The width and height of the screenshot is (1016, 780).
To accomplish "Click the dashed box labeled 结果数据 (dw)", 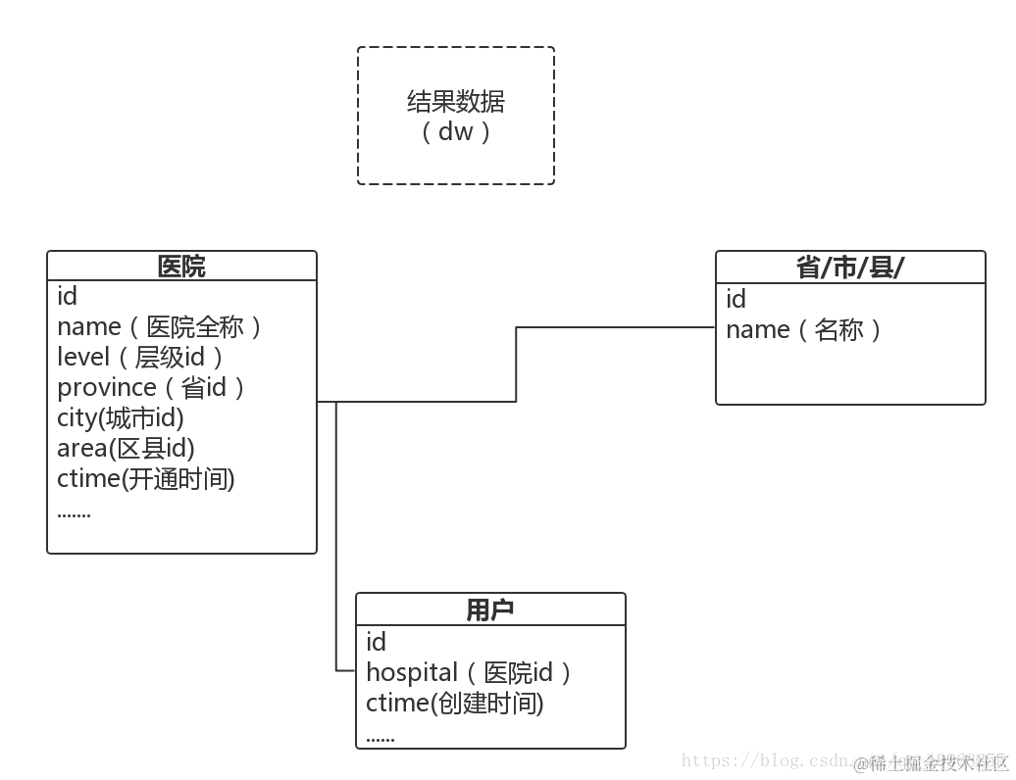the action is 456,116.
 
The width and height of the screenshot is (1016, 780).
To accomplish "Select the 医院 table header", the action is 181,267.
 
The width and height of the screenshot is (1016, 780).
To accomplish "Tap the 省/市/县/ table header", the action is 849,268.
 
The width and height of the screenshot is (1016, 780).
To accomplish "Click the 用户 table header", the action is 489,610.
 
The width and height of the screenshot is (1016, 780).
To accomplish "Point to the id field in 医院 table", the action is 68,296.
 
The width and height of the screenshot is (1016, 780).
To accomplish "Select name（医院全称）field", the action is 160,326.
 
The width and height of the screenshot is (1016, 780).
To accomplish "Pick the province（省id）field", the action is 151,387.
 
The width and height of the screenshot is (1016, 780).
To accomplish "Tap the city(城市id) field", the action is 121,417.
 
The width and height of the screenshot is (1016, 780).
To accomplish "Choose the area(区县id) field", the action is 126,448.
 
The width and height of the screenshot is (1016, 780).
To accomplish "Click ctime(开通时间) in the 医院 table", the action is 146,478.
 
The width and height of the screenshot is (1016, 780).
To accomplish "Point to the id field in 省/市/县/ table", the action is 737,299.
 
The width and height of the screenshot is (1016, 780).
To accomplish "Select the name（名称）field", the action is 804,329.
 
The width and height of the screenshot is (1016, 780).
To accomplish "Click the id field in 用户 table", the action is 377,642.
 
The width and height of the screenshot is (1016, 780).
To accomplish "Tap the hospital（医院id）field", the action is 469,672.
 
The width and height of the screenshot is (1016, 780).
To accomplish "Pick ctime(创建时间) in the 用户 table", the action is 455,703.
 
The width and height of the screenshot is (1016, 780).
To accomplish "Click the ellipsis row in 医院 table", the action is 75,512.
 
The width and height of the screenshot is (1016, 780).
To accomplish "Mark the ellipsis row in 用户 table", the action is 381,737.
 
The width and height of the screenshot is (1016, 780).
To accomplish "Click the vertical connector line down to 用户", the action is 336,539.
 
